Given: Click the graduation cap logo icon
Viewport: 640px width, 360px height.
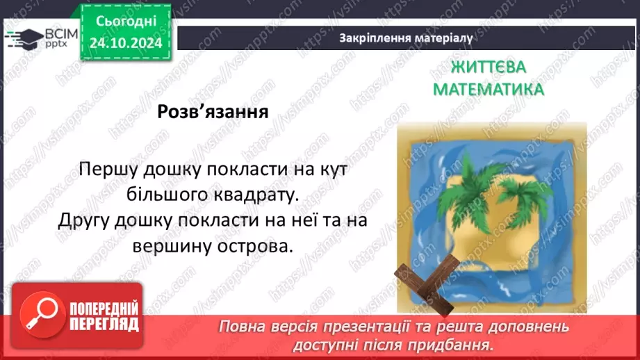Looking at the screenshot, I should [22, 37].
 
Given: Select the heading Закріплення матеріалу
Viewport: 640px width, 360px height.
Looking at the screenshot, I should [407, 38].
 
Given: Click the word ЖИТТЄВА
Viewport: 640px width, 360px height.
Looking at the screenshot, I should [489, 67].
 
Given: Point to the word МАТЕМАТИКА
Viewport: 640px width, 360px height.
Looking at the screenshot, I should [489, 90].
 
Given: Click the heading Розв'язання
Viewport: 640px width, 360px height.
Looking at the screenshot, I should [213, 111].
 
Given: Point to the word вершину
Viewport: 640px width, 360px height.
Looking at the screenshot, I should [170, 246].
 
